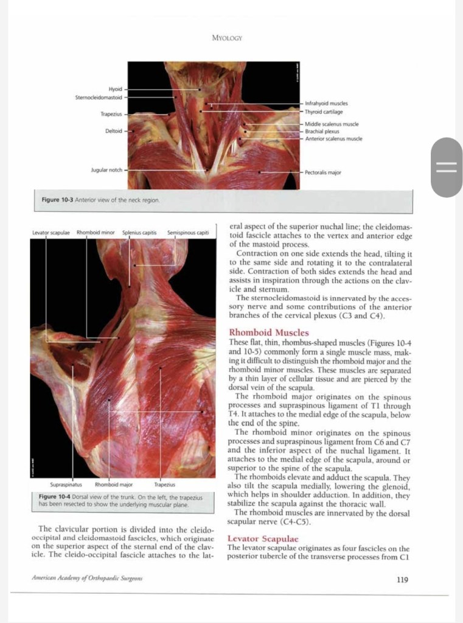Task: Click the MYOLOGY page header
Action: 227,38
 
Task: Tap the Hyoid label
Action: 115,89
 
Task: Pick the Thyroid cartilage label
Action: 324,112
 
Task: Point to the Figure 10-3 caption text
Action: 100,200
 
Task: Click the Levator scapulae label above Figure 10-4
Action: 52,233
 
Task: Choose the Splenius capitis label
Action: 139,233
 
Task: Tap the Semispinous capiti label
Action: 188,233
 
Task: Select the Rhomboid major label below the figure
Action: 114,485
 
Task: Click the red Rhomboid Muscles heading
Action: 268,333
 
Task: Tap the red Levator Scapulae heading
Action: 262,540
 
